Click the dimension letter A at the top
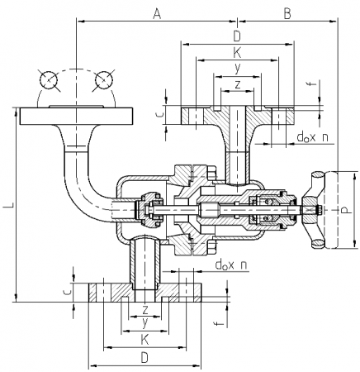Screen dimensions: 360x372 point(157,13)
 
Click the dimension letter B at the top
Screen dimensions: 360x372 point(287,13)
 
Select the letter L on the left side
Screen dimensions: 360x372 point(11,205)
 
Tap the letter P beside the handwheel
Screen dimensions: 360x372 point(345,210)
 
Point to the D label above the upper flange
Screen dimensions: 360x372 point(237,36)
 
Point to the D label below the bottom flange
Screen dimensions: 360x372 point(144,358)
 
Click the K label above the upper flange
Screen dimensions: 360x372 point(237,52)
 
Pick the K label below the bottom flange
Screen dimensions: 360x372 point(144,340)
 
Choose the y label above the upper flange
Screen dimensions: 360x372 point(237,68)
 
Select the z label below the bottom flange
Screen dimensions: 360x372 point(145,310)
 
